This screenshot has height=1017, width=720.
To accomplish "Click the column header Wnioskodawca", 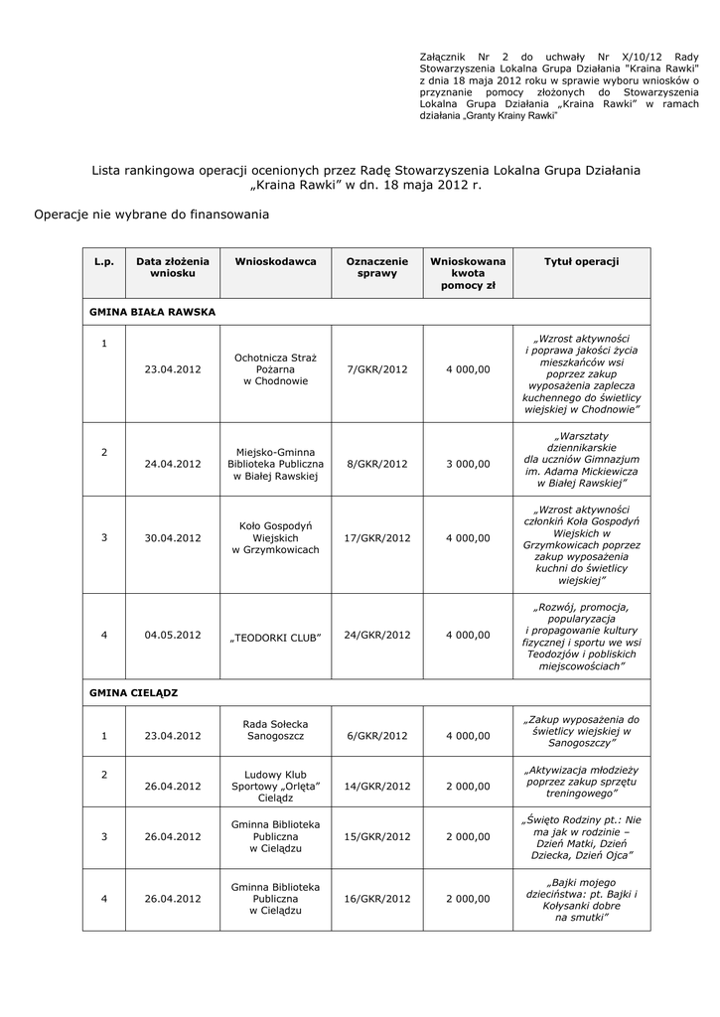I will coord(275,261).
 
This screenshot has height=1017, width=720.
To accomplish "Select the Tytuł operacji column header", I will coord(581,261).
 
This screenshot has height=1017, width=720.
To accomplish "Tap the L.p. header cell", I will coord(104,261).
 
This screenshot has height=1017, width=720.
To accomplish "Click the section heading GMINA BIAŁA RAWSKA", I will coord(152,311).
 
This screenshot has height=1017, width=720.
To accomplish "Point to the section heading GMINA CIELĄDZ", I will coord(133,690).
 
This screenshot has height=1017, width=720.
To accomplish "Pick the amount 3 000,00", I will coord(468,464).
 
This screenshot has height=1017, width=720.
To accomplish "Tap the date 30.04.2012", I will coord(173,538).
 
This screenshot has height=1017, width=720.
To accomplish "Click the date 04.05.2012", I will coord(173,634).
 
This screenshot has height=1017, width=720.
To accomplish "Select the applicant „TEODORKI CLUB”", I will coord(276,636).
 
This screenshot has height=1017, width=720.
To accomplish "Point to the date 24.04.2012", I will coord(173,464).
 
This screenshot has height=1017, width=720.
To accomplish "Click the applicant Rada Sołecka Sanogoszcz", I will coord(276,729).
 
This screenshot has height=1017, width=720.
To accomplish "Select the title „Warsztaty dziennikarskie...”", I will coord(581,460).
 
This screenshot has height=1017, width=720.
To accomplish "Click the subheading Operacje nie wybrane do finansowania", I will coord(151,214).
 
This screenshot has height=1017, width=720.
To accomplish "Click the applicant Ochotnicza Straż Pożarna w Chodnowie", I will coord(276,368).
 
